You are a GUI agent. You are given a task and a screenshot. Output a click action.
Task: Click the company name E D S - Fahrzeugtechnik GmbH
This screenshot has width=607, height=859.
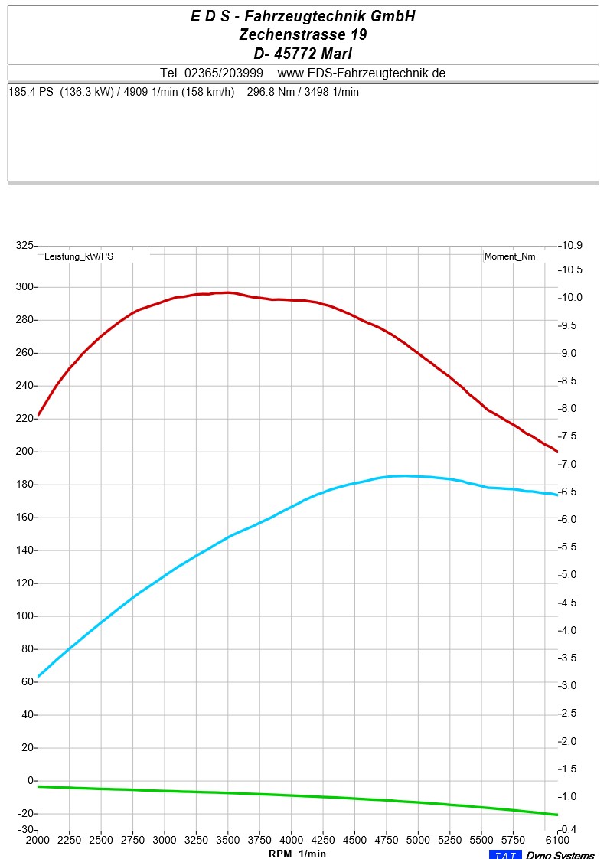click(x=303, y=16)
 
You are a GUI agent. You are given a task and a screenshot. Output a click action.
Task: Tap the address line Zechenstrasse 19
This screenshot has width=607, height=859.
click(x=303, y=34)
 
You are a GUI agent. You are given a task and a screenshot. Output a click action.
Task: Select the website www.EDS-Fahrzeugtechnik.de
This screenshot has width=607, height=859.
click(x=361, y=73)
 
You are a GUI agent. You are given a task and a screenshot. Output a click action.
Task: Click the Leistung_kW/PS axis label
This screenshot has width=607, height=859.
click(x=79, y=256)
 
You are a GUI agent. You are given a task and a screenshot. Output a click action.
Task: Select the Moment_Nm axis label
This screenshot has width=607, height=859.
click(x=510, y=256)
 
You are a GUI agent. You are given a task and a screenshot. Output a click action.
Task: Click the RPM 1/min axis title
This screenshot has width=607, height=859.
click(x=297, y=853)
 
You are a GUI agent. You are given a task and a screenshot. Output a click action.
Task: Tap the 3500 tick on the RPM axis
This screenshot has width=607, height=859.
click(x=227, y=840)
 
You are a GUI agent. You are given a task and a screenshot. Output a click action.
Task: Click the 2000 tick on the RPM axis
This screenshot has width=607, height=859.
click(x=38, y=840)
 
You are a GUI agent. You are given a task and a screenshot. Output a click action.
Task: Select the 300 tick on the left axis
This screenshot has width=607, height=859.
click(x=27, y=287)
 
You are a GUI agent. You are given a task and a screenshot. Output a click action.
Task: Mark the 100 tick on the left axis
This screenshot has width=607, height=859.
click(x=27, y=616)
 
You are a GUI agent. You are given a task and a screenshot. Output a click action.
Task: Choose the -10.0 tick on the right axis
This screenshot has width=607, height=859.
click(x=573, y=298)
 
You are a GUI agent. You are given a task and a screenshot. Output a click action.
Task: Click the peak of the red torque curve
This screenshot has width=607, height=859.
click(x=227, y=292)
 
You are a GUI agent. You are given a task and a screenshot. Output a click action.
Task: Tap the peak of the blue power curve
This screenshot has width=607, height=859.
click(x=403, y=475)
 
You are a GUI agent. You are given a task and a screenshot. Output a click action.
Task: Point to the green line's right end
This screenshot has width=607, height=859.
click(x=556, y=815)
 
